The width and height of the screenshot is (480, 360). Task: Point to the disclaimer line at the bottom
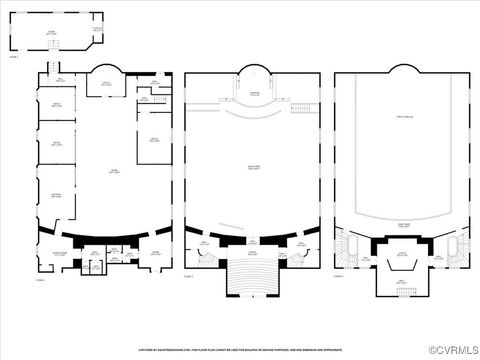[240, 350]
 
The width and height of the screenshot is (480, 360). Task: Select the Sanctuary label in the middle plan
[254, 168]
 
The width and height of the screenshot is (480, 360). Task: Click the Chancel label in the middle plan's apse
[255, 93]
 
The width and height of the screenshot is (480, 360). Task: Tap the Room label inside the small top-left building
[50, 33]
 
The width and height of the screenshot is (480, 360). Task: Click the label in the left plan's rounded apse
[106, 85]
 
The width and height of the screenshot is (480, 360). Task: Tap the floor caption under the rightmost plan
[339, 277]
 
